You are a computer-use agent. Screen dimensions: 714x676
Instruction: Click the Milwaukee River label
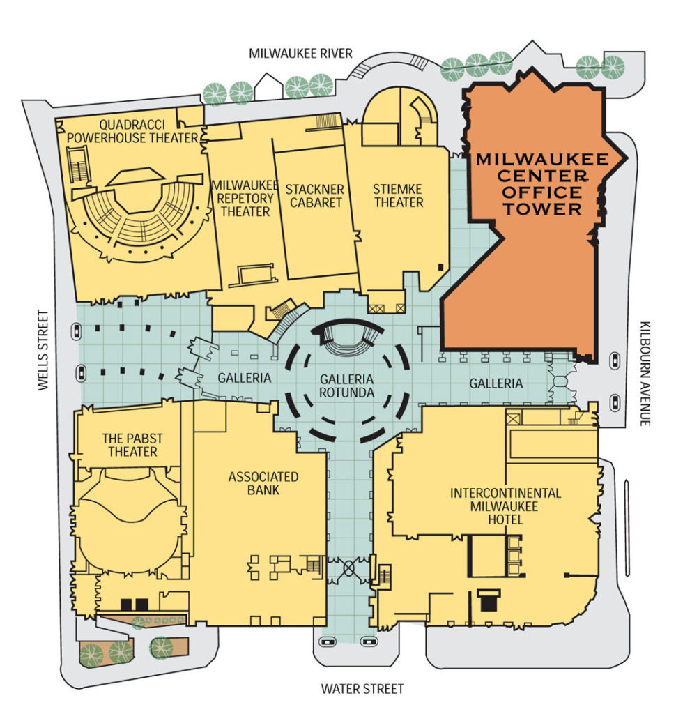coord(302,54)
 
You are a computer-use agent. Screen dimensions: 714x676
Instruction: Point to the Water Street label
coord(362,689)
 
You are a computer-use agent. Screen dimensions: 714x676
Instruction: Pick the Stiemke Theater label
coord(398,196)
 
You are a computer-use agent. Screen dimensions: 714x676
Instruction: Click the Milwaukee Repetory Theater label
coord(240,198)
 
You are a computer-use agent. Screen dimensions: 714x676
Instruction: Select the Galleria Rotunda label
coord(347,386)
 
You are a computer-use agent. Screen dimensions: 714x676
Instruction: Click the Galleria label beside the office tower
coord(496,383)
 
